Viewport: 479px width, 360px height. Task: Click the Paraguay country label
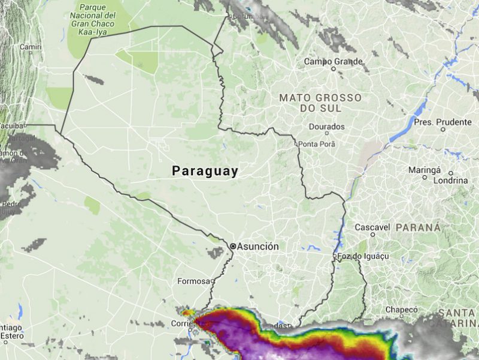pyautogui.click(x=205, y=171)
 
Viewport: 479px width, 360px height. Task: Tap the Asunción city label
pyautogui.click(x=258, y=246)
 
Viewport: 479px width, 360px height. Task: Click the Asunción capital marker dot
pyautogui.click(x=233, y=246)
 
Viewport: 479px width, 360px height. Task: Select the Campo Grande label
pyautogui.click(x=334, y=61)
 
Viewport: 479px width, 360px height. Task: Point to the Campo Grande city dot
pyautogui.click(x=334, y=68)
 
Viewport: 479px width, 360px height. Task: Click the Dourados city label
pyautogui.click(x=327, y=127)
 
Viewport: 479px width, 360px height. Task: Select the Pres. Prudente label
pyautogui.click(x=442, y=121)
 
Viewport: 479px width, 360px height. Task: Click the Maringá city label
pyautogui.click(x=425, y=170)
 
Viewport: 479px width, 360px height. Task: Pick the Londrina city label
pyautogui.click(x=450, y=180)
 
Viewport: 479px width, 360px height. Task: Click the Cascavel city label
pyautogui.click(x=372, y=227)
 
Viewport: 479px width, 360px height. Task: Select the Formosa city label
pyautogui.click(x=193, y=281)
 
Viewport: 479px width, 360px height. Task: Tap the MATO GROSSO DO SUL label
pyautogui.click(x=320, y=103)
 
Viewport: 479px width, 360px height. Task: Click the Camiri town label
pyautogui.click(x=29, y=46)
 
